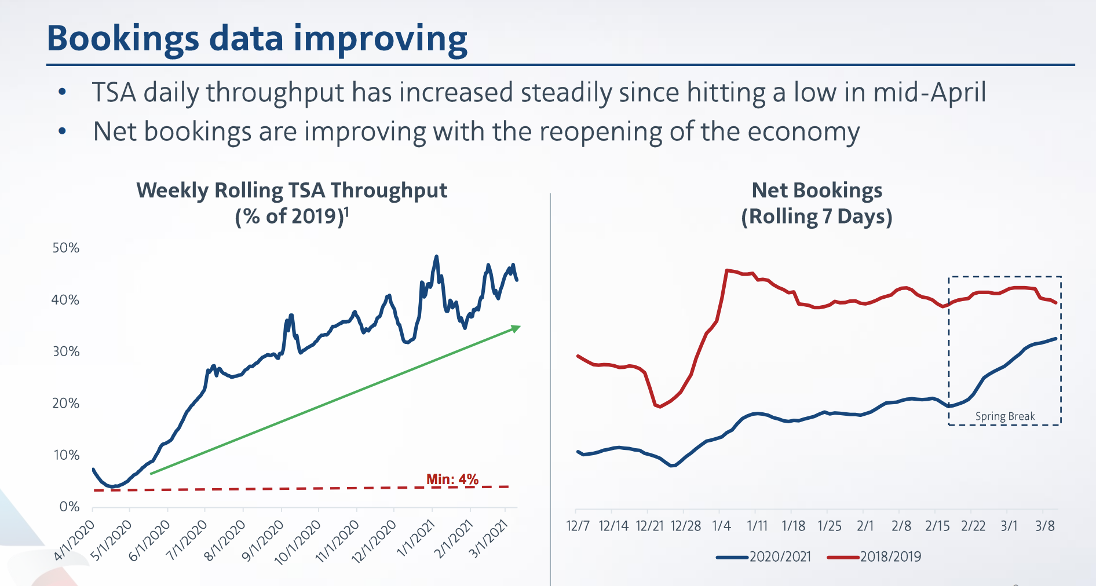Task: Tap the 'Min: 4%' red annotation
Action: pyautogui.click(x=452, y=479)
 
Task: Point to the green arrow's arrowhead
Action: pyautogui.click(x=516, y=328)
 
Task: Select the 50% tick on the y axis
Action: pyautogui.click(x=65, y=248)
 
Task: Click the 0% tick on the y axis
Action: pyautogui.click(x=69, y=507)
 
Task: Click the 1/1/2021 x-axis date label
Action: pyautogui.click(x=415, y=539)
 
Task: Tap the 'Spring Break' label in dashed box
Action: pyautogui.click(x=1004, y=416)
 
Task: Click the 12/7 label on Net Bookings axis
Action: pyautogui.click(x=578, y=526)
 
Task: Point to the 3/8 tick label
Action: pyautogui.click(x=1045, y=526)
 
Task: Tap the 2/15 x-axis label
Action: pyautogui.click(x=937, y=526)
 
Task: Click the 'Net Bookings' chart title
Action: pyautogui.click(x=816, y=191)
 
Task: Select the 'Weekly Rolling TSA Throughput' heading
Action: pyautogui.click(x=291, y=191)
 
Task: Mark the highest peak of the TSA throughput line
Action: pyautogui.click(x=436, y=257)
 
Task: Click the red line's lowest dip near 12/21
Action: pyautogui.click(x=659, y=406)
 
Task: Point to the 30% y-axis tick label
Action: pyautogui.click(x=65, y=351)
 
